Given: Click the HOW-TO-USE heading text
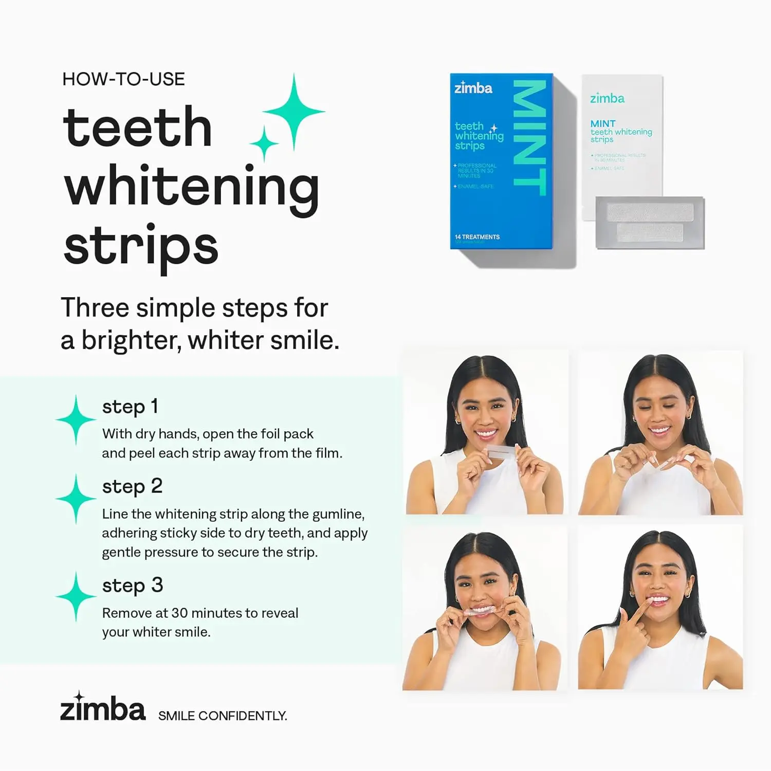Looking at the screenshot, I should pos(123,79).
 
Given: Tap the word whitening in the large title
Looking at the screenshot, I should pos(191,187).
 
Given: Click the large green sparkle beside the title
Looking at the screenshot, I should pos(293,112).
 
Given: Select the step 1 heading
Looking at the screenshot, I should pos(130,407).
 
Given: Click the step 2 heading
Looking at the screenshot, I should pos(132,486).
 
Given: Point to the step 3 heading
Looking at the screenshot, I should pos(133,585).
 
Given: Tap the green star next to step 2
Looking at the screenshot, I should pos(76,499).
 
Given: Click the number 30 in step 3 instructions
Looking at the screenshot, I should pos(179,613).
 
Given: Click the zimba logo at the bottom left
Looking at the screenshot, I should pos(103,708).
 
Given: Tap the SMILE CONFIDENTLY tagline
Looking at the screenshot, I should pos(223,716).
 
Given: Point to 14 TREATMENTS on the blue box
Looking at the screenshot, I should pos(477,237).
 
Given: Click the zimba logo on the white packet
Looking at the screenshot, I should pos(607,98).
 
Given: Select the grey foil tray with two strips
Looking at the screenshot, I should pos(650,223).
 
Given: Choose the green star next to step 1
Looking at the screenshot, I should pos(76,419).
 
